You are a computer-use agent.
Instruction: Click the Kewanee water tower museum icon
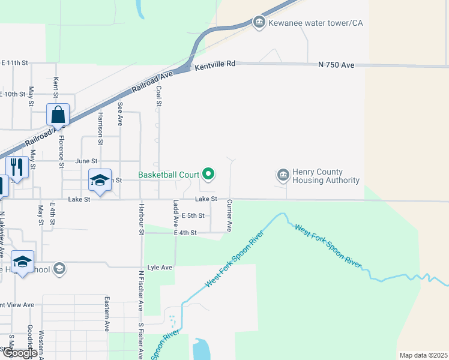coord(259,23)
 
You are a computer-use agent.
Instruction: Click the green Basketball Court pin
coord(208,175)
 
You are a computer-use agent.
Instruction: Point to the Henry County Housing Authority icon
coord(283,175)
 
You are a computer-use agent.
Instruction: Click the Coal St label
coord(159,96)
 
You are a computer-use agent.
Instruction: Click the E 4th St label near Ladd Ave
coord(185,233)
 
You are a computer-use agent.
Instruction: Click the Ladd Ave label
coord(175,212)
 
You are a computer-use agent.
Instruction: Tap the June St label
coord(86,161)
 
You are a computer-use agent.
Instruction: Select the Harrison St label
coord(100,124)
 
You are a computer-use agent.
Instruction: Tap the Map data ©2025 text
coord(423,355)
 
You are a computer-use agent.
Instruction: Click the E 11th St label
coord(23,62)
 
